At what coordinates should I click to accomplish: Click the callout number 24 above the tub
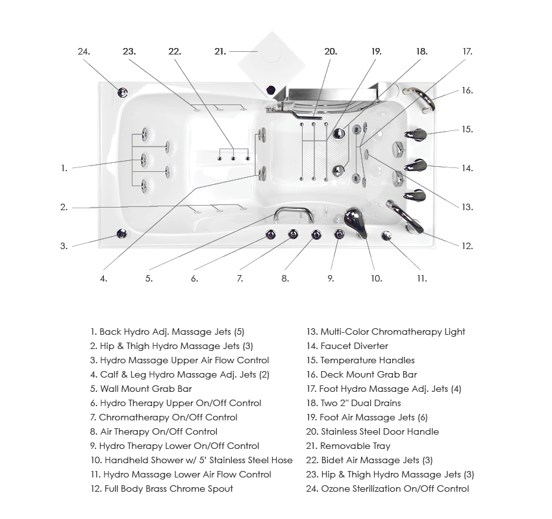[x=83, y=51]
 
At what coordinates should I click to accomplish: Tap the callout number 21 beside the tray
[x=220, y=51]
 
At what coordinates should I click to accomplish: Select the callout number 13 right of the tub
[x=467, y=207]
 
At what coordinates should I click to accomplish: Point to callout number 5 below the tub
[x=149, y=278]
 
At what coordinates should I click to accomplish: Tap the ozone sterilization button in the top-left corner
[x=122, y=92]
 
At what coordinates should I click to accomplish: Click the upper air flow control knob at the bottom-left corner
[x=121, y=234]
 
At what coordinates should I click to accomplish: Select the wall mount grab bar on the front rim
[x=292, y=211]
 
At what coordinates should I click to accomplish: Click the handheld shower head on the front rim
[x=355, y=221]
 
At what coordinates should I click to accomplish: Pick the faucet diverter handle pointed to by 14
[x=416, y=165]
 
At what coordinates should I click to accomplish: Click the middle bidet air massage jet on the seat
[x=233, y=158]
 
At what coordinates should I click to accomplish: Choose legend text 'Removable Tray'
[x=355, y=446]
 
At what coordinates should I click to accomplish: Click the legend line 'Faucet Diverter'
[x=354, y=346]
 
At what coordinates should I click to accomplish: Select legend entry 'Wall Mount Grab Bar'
[x=145, y=389]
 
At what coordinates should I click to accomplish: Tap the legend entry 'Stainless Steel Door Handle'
[x=379, y=431]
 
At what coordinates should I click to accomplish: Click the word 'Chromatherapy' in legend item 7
[x=132, y=417]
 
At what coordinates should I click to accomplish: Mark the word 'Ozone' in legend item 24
[x=335, y=489]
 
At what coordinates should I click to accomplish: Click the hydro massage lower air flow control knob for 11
[x=386, y=236]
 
